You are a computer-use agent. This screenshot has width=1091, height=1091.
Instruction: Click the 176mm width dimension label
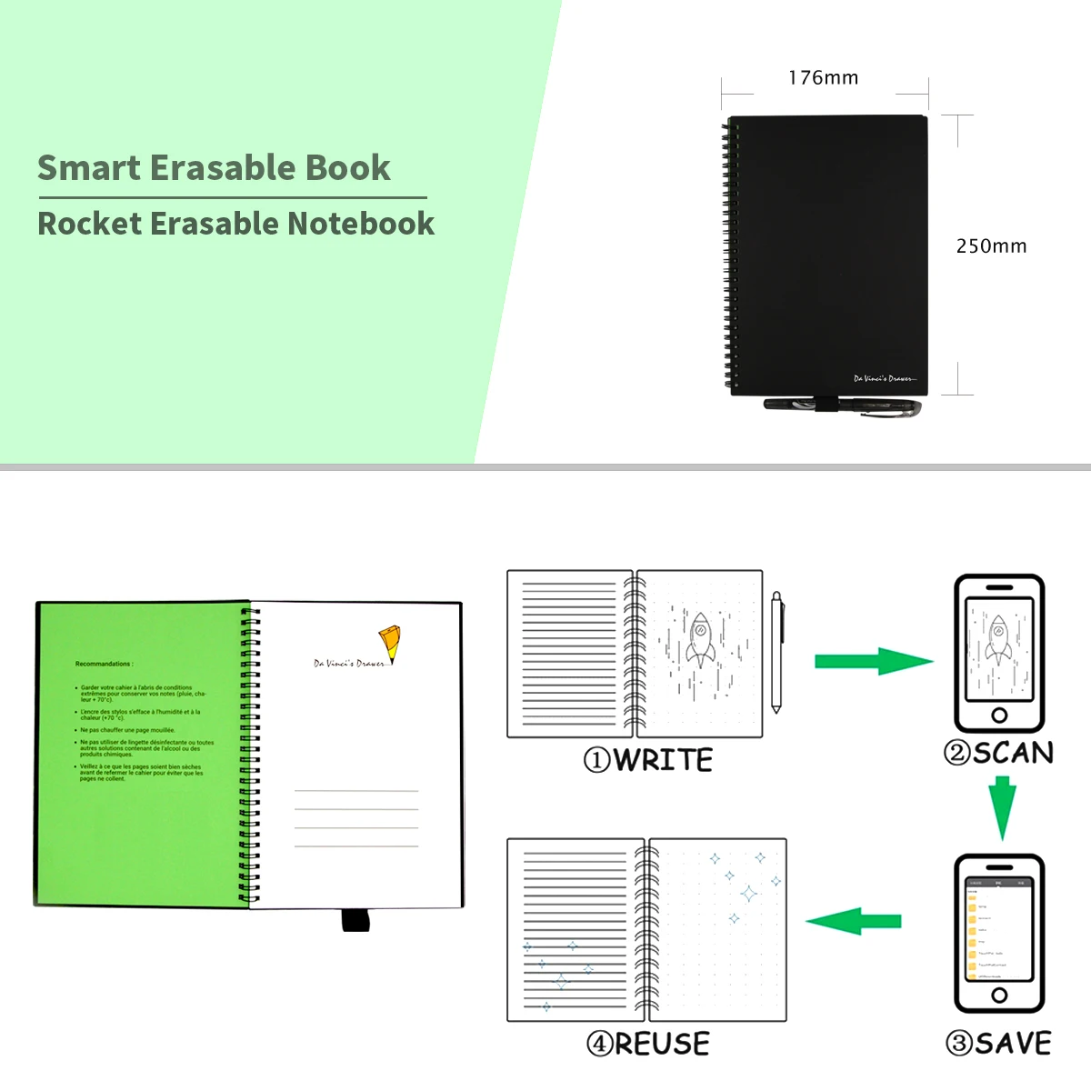(823, 78)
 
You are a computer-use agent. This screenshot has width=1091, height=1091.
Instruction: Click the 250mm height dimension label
(991, 246)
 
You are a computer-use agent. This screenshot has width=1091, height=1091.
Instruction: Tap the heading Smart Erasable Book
(214, 168)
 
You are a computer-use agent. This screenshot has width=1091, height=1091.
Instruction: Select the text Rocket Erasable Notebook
(236, 224)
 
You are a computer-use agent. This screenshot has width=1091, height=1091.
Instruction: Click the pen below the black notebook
(841, 406)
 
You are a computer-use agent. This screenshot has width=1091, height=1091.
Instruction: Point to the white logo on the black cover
(885, 378)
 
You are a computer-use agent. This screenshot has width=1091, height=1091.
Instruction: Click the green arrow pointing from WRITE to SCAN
(873, 661)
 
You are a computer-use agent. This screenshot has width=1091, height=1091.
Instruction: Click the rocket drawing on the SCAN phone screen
(998, 640)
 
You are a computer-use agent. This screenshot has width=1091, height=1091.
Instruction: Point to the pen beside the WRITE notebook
(777, 652)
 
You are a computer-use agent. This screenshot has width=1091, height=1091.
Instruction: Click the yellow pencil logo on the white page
(390, 642)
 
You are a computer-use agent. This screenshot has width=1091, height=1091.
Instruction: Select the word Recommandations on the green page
(104, 664)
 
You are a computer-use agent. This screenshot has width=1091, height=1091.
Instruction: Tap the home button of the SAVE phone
(999, 996)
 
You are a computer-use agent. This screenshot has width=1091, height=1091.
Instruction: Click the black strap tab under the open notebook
(355, 919)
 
